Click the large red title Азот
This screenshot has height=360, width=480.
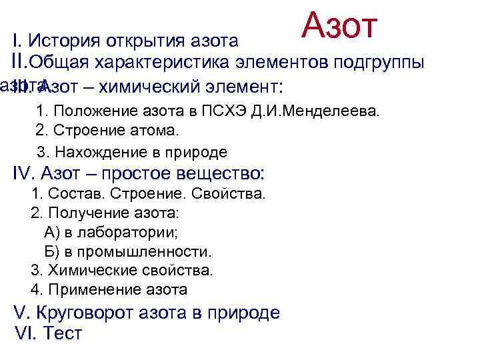click(340, 25)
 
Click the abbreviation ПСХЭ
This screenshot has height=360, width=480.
click(246, 110)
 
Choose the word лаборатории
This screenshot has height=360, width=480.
click(136, 233)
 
